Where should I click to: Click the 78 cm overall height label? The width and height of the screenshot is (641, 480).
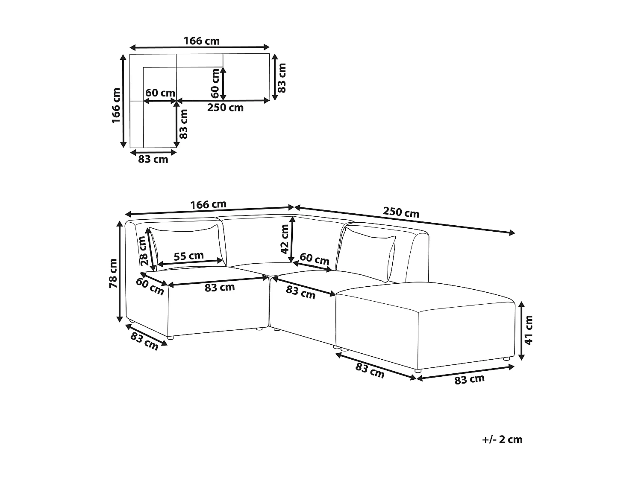tap(113, 273)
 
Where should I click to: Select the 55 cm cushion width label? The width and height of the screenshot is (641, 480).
tap(188, 256)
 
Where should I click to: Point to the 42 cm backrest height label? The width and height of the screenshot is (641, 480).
tap(285, 239)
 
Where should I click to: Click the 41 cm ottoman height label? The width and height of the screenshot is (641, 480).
tap(529, 330)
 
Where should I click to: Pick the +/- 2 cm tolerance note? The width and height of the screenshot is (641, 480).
tap(502, 439)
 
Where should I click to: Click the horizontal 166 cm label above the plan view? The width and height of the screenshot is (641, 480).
tap(201, 41)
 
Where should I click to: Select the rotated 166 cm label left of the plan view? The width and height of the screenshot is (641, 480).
tap(116, 106)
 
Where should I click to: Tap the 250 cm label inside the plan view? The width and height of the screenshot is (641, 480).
tap(225, 108)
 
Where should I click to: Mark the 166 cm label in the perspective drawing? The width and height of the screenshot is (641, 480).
tap(208, 204)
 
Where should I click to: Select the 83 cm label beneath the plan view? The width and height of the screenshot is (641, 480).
tap(153, 160)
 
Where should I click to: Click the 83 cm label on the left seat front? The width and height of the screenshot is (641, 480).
tap(220, 287)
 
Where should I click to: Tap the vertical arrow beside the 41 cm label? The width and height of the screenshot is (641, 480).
tap(521, 331)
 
